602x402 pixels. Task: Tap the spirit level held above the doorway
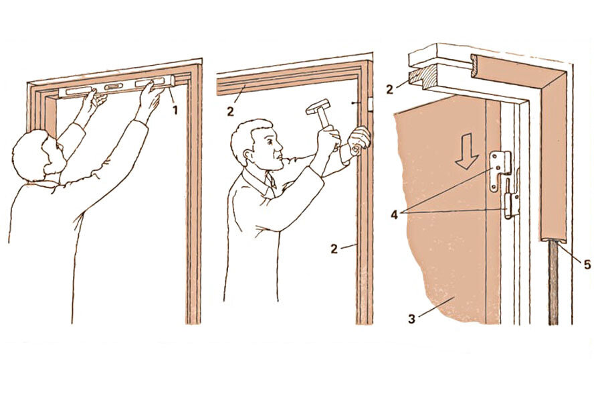pos(117,87)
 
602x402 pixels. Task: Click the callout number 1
pos(175,111)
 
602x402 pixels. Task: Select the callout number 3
pos(411,319)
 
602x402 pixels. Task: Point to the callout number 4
pos(394,214)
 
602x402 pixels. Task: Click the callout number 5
pos(587,264)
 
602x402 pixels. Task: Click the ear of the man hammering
pos(250,155)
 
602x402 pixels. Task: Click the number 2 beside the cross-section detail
pos(389,90)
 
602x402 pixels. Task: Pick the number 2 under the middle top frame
pos(230,112)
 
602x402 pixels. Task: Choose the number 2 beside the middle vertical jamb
pos(334,249)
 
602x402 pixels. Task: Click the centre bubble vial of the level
pos(112,87)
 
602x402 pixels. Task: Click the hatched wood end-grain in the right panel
pos(422,78)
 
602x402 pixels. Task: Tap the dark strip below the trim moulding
pos(553,283)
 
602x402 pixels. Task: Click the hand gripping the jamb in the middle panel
pos(359,141)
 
